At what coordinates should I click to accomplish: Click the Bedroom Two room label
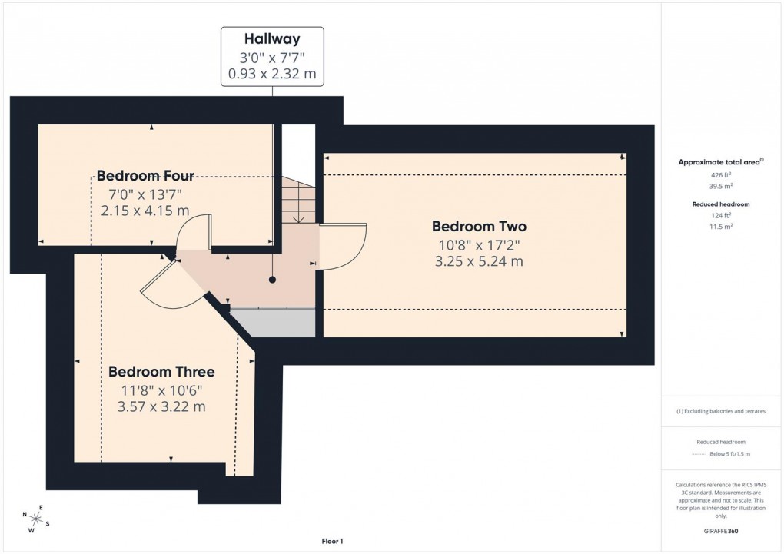pyautogui.click(x=479, y=227)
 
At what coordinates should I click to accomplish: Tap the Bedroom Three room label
pyautogui.click(x=161, y=372)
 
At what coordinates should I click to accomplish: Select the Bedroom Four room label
pyautogui.click(x=145, y=175)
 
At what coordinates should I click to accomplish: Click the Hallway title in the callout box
pyautogui.click(x=272, y=38)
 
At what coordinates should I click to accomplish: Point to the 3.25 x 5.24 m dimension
pyautogui.click(x=479, y=261)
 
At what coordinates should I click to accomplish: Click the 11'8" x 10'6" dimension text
pyautogui.click(x=161, y=390)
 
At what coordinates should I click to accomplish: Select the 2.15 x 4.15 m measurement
pyautogui.click(x=145, y=210)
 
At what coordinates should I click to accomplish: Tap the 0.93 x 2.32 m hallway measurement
pyautogui.click(x=272, y=75)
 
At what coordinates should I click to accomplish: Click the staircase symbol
pyautogui.click(x=298, y=200)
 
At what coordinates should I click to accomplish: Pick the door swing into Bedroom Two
pyautogui.click(x=344, y=246)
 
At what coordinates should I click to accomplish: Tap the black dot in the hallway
pyautogui.click(x=272, y=280)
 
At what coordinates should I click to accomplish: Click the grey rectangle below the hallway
pyautogui.click(x=273, y=323)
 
